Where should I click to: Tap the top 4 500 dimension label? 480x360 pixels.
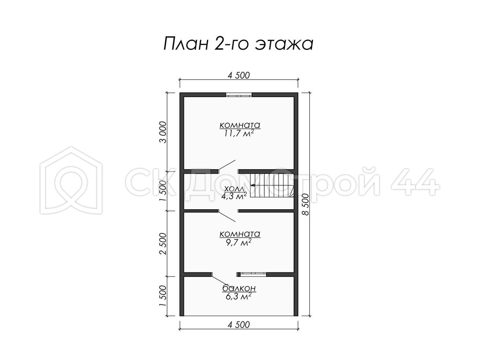pyautogui.click(x=238, y=76)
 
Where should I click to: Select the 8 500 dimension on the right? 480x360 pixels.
pyautogui.click(x=306, y=204)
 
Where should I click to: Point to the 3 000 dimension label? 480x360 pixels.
pyautogui.click(x=163, y=132)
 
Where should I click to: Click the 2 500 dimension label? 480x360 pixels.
pyautogui.click(x=163, y=244)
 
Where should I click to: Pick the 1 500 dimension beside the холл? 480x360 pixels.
pyautogui.click(x=163, y=191)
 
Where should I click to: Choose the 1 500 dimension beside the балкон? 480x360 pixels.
pyautogui.click(x=163, y=296)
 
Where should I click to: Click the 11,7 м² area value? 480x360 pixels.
pyautogui.click(x=239, y=133)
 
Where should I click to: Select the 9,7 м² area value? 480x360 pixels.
pyautogui.click(x=239, y=242)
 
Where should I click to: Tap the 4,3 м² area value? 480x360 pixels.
pyautogui.click(x=234, y=196)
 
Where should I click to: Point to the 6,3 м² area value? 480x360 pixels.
pyautogui.click(x=239, y=296)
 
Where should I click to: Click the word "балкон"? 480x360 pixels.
pyautogui.click(x=239, y=288)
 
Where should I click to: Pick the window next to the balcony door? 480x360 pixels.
pyautogui.click(x=253, y=274)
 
